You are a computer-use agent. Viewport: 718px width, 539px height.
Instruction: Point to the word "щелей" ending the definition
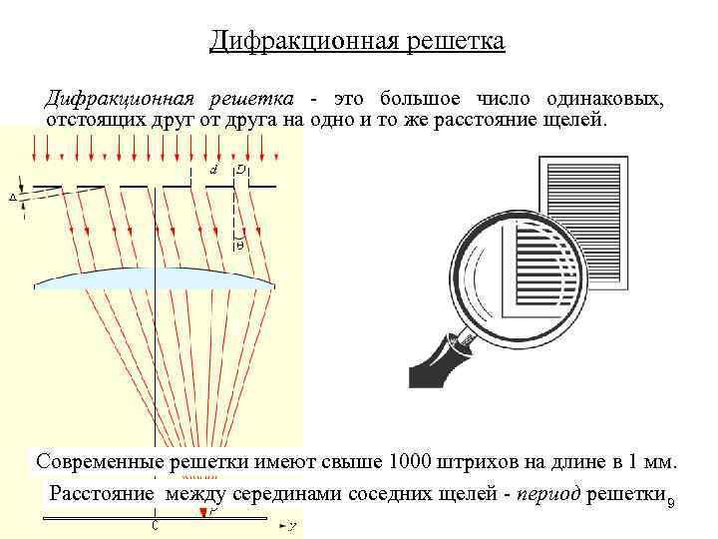click(576, 121)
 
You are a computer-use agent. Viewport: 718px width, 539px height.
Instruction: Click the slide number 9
click(670, 501)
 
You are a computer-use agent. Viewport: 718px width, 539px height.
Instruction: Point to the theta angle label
click(239, 245)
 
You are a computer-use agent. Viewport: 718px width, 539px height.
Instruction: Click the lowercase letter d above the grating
click(213, 170)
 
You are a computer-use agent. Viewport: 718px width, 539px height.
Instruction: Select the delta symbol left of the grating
click(12, 197)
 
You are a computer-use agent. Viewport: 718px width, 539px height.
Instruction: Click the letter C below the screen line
click(154, 525)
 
